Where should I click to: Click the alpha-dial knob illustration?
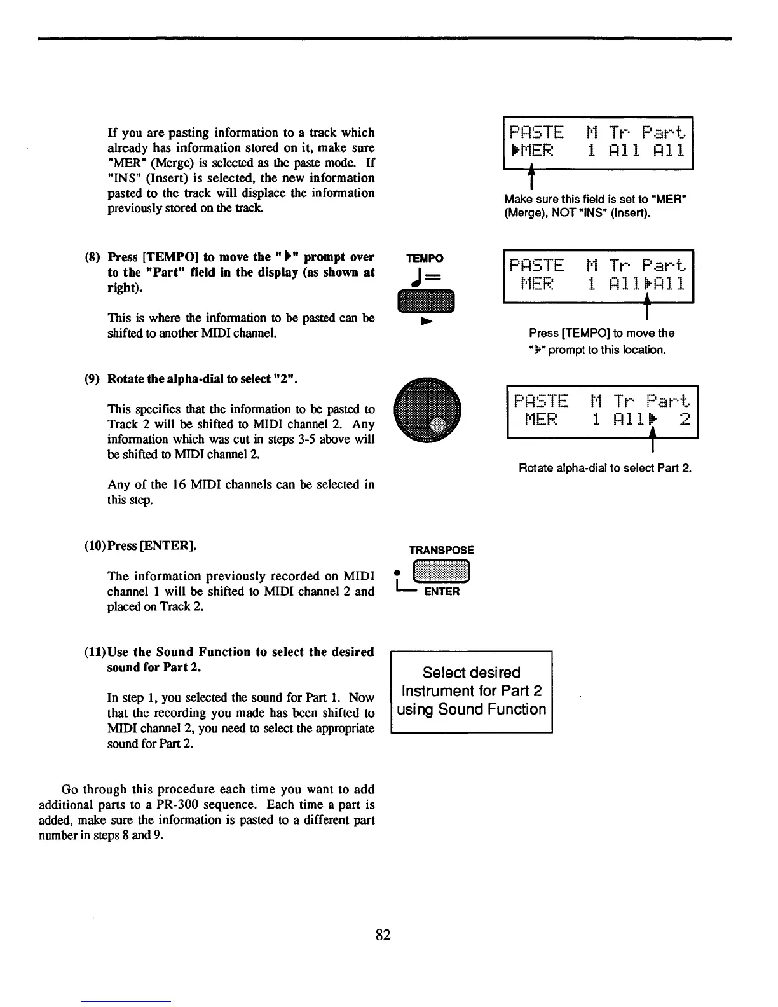point(426,409)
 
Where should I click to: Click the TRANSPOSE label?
point(441,551)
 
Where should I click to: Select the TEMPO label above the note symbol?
point(425,258)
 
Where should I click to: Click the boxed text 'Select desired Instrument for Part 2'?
point(471,691)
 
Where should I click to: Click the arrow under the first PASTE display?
point(529,181)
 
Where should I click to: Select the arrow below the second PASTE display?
point(646,311)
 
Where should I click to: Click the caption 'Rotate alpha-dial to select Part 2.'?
point(604,469)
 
